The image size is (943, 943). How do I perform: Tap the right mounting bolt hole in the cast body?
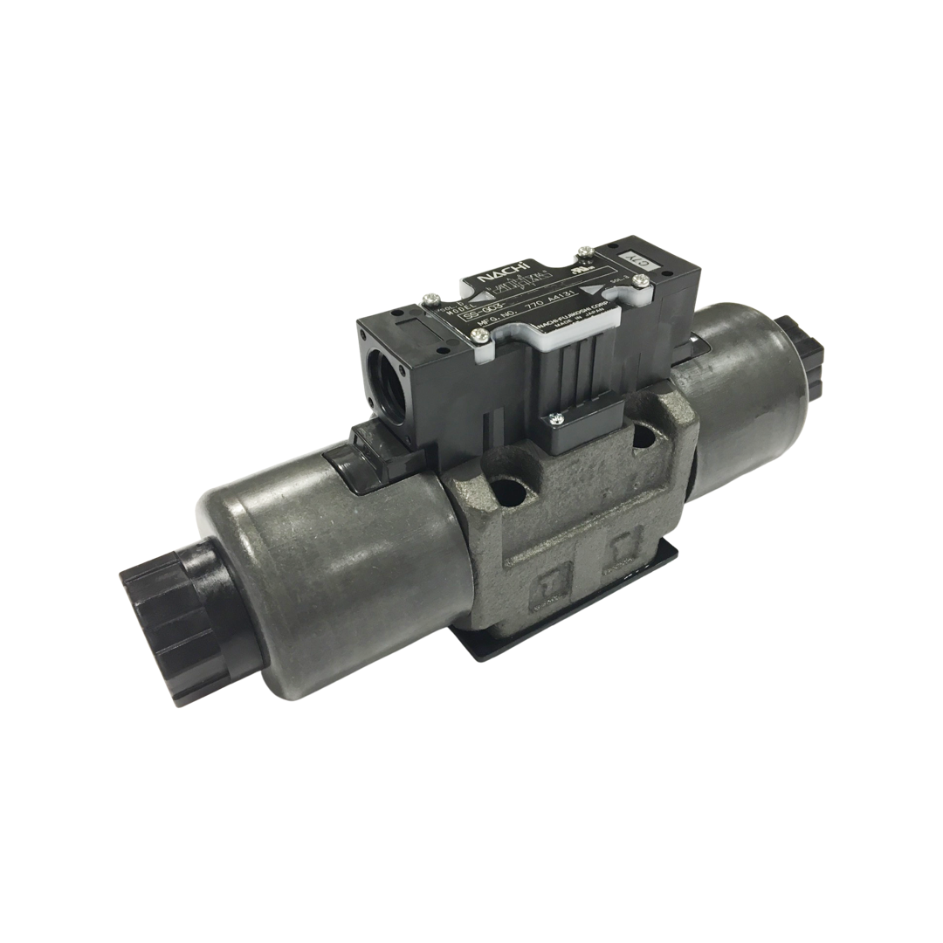click(644, 437)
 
